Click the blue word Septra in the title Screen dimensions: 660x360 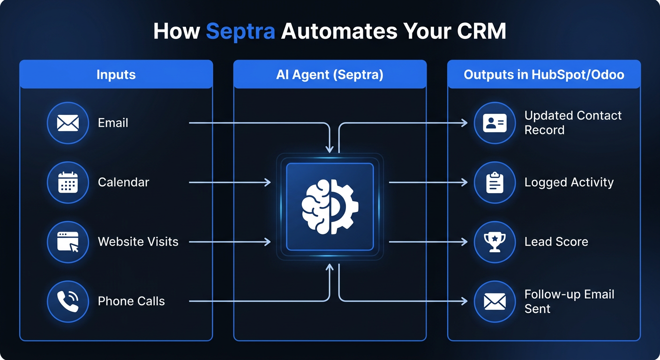(x=240, y=31)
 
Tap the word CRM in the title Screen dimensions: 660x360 (x=481, y=31)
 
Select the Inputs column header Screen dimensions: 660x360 (x=116, y=74)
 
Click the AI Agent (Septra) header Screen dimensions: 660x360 (x=330, y=74)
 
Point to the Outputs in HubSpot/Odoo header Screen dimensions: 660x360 (x=544, y=74)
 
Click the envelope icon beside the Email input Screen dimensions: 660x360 (x=68, y=123)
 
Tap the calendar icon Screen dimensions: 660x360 (x=68, y=182)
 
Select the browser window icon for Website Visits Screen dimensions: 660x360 (x=68, y=242)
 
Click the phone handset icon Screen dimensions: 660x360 (x=68, y=301)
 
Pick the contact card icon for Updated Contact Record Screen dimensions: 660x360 (x=495, y=123)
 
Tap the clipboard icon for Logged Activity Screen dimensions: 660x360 (x=495, y=182)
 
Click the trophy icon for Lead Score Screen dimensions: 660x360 (x=495, y=242)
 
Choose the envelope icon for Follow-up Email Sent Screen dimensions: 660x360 (x=495, y=301)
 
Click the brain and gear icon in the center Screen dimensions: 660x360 (x=330, y=207)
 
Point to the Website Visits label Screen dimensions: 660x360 (x=138, y=242)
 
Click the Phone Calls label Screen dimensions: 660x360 (x=131, y=301)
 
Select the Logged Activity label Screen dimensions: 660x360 (x=569, y=182)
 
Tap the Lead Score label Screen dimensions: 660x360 (x=556, y=242)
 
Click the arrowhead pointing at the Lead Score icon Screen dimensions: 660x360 (x=465, y=242)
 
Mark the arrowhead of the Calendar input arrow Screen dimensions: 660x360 (x=268, y=182)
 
